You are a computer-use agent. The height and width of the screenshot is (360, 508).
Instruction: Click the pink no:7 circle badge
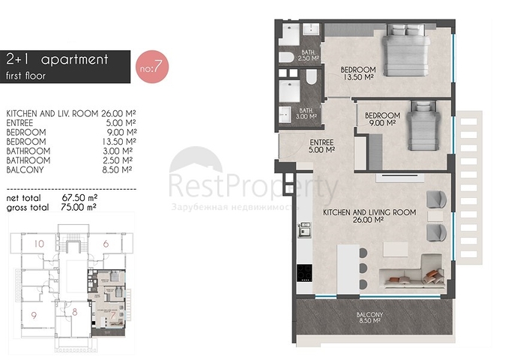click(152, 67)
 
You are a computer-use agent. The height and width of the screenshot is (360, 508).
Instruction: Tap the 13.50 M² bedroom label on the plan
click(358, 73)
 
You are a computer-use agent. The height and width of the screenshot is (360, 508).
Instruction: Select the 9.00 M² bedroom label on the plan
click(382, 118)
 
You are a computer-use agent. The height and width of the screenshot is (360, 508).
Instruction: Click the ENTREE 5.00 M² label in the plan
click(321, 146)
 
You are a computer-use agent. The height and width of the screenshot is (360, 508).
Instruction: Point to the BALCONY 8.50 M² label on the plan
click(369, 317)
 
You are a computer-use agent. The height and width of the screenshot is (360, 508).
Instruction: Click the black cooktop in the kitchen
click(304, 273)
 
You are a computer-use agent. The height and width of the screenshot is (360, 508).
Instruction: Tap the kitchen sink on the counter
click(304, 228)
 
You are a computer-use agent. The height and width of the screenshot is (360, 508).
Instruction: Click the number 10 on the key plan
click(39, 244)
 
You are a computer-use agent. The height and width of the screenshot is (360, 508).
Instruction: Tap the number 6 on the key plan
click(106, 244)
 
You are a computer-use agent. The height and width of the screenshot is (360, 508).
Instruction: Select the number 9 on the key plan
click(34, 315)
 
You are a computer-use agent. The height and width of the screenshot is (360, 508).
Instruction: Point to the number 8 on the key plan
click(75, 312)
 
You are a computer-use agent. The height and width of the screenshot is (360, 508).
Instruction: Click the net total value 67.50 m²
click(79, 198)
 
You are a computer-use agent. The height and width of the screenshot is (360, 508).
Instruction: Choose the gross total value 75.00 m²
click(79, 207)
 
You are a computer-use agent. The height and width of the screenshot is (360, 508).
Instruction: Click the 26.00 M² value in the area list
click(118, 113)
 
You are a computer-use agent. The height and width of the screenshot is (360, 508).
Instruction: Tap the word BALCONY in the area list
click(25, 170)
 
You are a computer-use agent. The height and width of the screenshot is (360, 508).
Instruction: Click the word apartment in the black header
click(74, 60)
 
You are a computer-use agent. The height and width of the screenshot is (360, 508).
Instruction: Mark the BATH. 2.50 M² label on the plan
click(308, 55)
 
